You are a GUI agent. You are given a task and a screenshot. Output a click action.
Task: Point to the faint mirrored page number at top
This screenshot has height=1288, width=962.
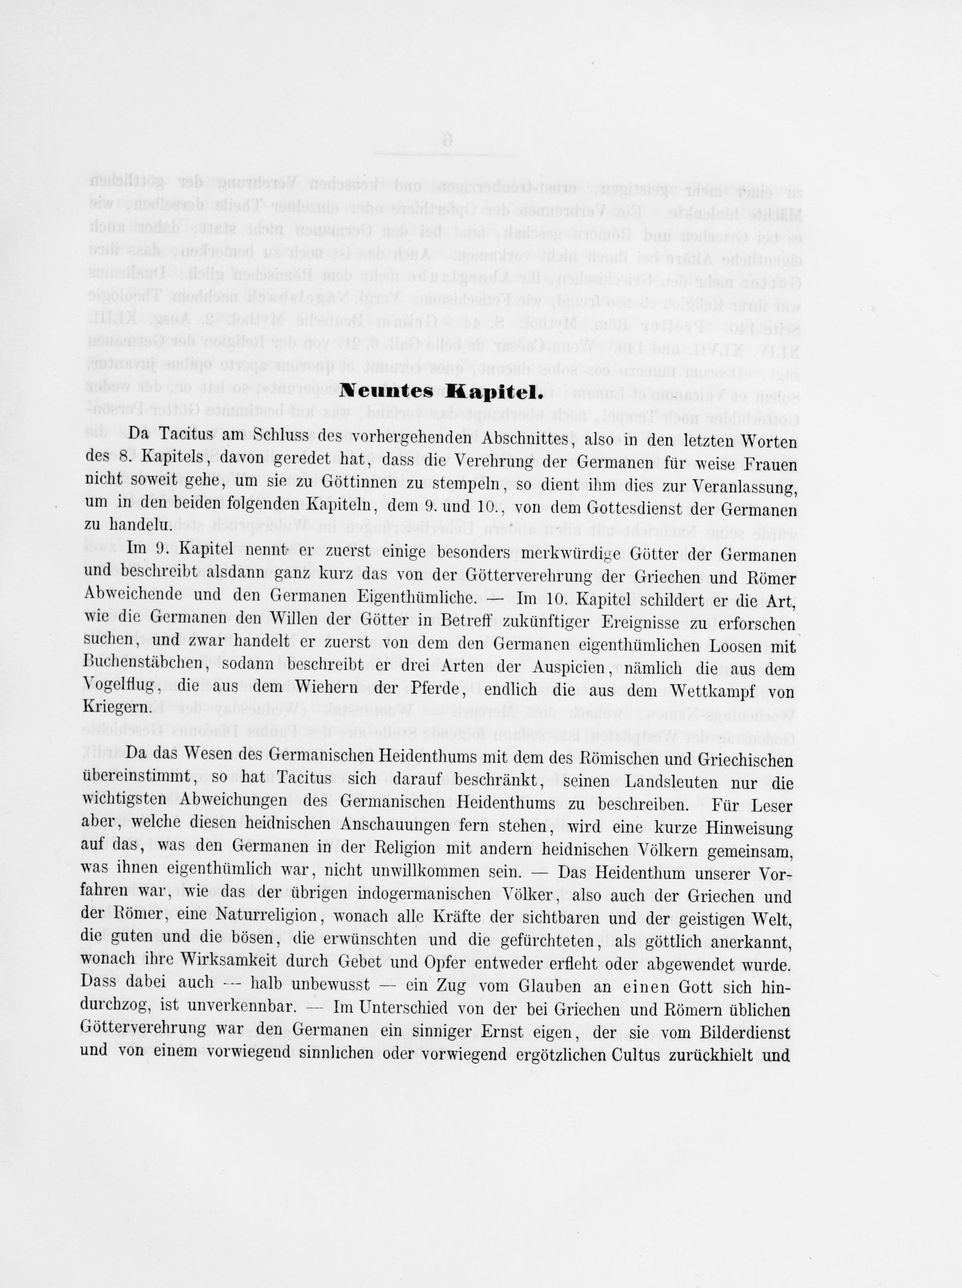pos(447,139)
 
